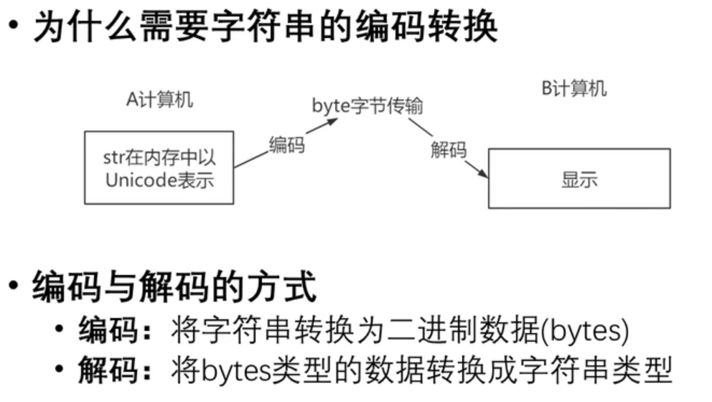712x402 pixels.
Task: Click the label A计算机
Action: tap(159, 100)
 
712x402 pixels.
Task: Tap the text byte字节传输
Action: tap(367, 106)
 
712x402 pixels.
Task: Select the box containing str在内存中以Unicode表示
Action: tap(159, 167)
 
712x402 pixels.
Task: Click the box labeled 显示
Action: tap(578, 179)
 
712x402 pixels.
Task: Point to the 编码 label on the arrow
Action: tap(286, 144)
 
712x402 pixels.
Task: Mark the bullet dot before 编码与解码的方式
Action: tap(15, 288)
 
